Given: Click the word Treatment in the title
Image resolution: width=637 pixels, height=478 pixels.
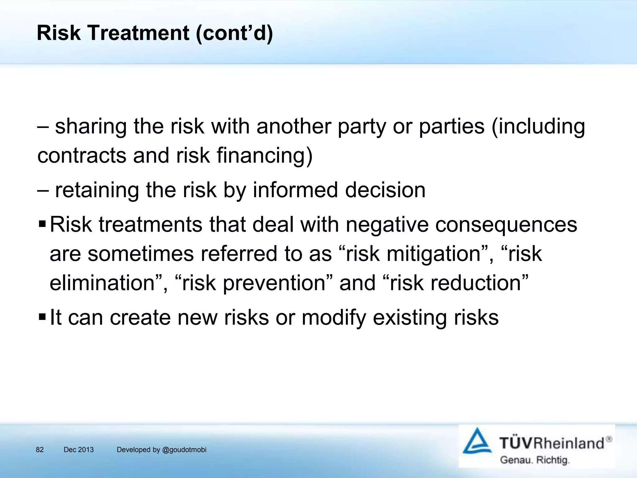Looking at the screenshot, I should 138,33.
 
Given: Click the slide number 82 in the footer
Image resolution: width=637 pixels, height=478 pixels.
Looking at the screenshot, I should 40,450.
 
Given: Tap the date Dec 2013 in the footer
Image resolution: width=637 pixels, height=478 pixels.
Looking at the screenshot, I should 78,450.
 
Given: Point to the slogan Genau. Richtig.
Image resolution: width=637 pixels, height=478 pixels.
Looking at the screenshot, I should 535,460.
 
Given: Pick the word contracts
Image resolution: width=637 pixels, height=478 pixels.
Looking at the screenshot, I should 81,155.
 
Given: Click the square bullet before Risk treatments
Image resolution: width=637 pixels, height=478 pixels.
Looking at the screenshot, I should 42,224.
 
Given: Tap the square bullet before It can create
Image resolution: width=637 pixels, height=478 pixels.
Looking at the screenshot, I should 42,317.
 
